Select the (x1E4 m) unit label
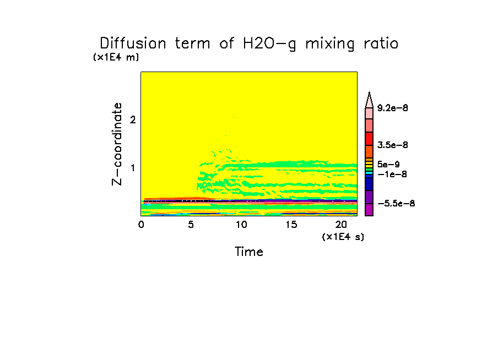point(116,57)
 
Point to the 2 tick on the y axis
point(133,119)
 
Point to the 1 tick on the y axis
point(133,167)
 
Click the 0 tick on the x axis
point(141,225)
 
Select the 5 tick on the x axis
point(191,225)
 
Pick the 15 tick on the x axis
point(291,225)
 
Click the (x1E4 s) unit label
point(343,237)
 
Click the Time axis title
point(249,252)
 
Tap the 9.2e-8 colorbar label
point(392,108)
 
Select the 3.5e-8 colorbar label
point(392,145)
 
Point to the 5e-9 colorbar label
point(389,163)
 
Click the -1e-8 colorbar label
point(390,174)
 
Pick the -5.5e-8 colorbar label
point(395,204)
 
